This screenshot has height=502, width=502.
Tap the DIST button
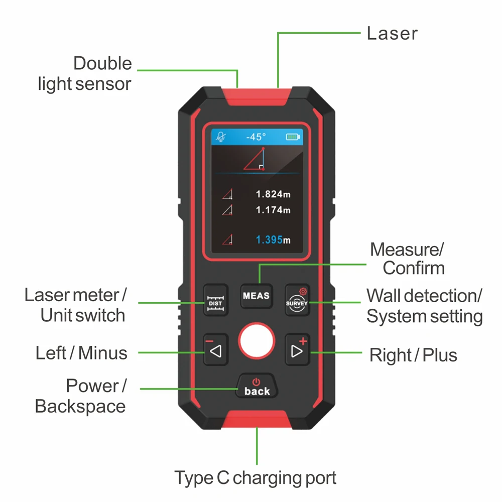coord(215,300)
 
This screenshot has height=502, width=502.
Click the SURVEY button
coord(297,300)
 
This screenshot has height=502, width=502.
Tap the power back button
coord(257,386)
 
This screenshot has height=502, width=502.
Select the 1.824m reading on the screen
coord(273,194)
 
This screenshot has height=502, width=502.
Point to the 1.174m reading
coord(273,210)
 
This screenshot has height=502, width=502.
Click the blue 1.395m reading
coord(273,240)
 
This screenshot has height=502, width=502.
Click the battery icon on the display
coord(292,137)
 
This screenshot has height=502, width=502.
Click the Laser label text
coord(392,34)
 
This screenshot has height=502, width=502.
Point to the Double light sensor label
coord(85,73)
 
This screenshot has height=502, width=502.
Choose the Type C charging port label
coord(255,477)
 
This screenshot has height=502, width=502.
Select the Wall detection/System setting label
coord(424,306)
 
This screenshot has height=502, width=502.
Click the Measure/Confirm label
coord(408,259)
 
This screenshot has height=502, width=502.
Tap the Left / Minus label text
coord(81,353)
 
